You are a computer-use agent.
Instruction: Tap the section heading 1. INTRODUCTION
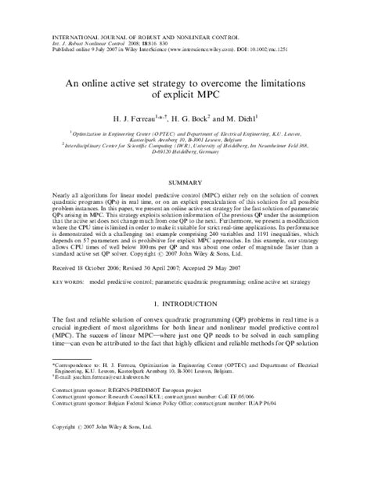pyautogui.click(x=185, y=303)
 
